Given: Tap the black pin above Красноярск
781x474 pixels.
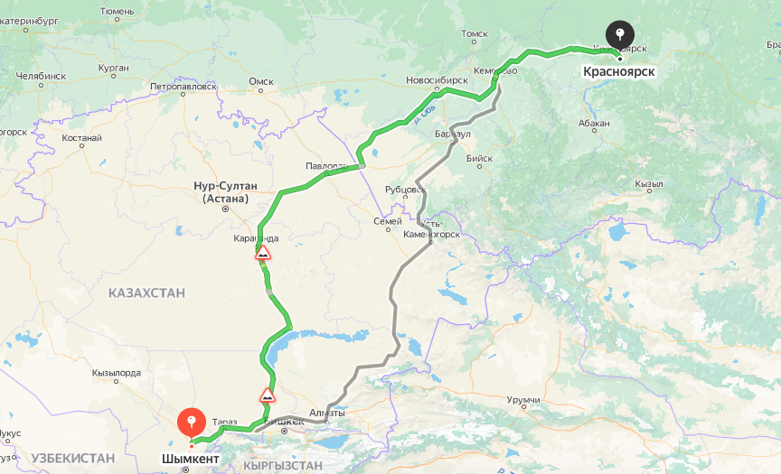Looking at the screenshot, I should tap(619, 34).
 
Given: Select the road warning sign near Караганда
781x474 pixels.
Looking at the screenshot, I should tap(263, 254).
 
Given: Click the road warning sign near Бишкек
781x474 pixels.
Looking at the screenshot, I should tap(268, 395).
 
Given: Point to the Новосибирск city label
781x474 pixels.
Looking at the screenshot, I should tap(437, 80).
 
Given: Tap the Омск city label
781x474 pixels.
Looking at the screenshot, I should tap(261, 81).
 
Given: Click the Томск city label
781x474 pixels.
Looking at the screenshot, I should tap(475, 34).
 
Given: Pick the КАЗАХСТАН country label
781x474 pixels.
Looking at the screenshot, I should tap(146, 293).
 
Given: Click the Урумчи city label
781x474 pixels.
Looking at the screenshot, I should tap(522, 399).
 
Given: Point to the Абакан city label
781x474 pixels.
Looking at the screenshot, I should tap(596, 123).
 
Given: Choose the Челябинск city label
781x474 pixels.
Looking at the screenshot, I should tap(41, 76).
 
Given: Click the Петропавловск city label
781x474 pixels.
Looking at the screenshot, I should tap(184, 87).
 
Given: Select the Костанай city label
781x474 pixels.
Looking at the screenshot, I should tap(82, 139).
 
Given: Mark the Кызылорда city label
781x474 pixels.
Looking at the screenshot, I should tap(117, 372).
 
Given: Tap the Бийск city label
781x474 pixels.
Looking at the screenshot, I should tap(479, 158).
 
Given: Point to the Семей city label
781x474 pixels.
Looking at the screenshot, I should tap(388, 221).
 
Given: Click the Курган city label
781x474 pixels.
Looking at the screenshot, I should tap(114, 68).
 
